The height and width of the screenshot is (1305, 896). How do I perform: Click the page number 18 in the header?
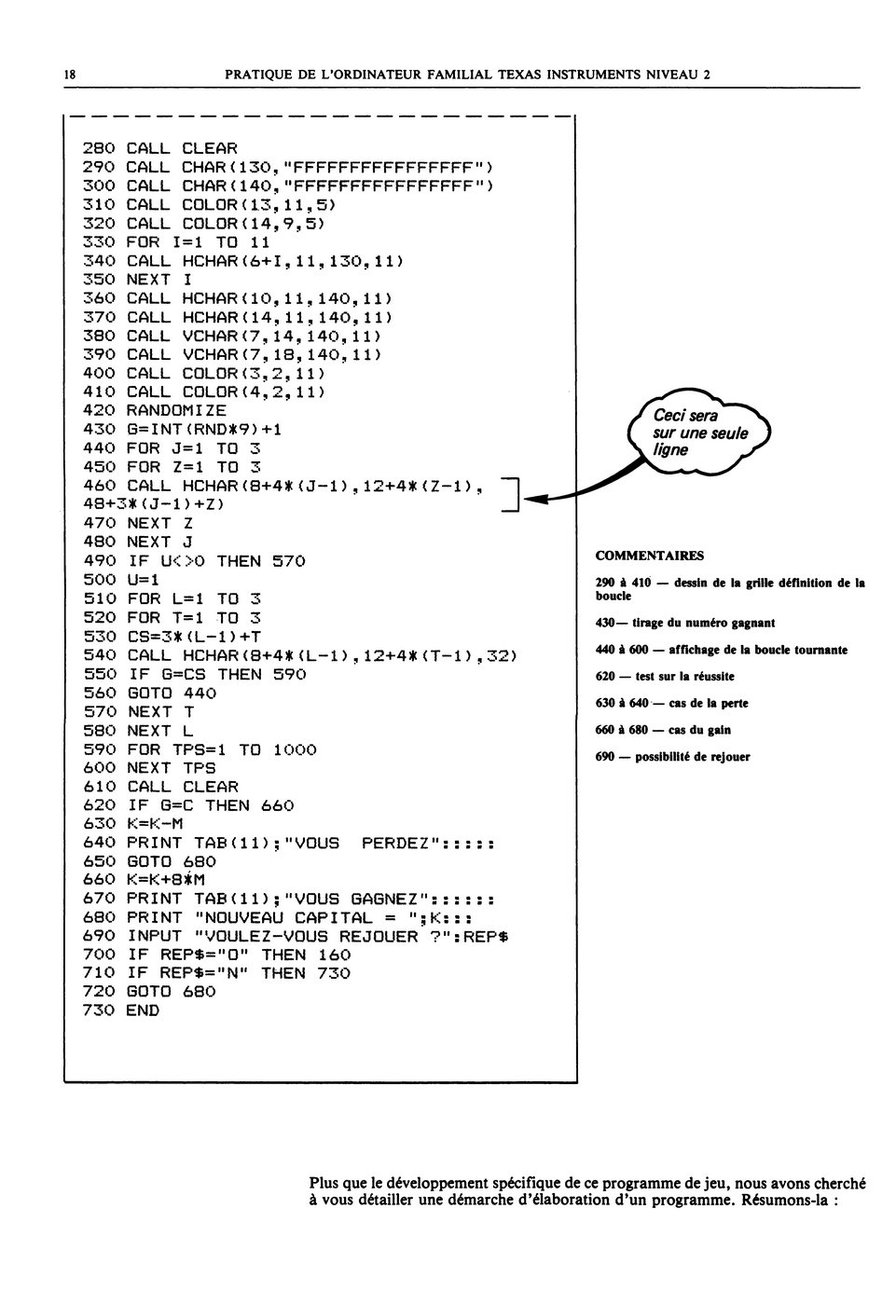coord(69,75)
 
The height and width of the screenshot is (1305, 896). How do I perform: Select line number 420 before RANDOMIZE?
coord(99,411)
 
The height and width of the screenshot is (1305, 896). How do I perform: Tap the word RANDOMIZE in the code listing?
coord(176,411)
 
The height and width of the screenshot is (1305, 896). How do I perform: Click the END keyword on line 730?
coord(143,1010)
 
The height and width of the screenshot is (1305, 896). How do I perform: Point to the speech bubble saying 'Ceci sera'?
coord(698,432)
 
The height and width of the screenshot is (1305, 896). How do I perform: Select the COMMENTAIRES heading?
coord(650,556)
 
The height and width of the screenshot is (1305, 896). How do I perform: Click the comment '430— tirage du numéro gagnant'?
coord(685,623)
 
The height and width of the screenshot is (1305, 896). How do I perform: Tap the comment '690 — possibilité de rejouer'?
coord(672,757)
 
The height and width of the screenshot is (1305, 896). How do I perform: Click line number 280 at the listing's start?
coord(99,148)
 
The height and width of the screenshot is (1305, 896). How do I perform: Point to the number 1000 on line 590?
coord(295,749)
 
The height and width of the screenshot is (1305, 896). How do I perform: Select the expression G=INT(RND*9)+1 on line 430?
coord(204,430)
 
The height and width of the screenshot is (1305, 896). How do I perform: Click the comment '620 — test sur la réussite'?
coord(665,677)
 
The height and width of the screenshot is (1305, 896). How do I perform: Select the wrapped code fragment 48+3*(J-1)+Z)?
coord(154,504)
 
